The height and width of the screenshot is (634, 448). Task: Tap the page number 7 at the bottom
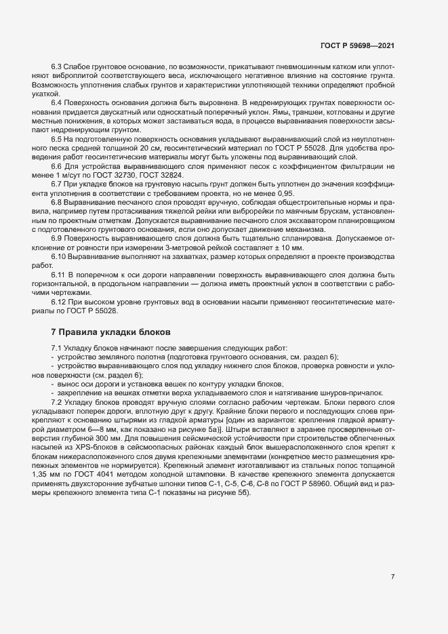[393, 577]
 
